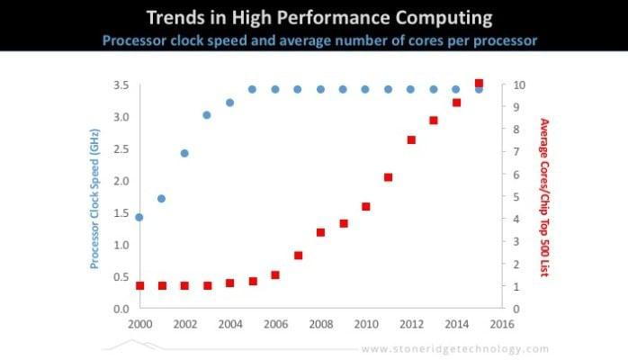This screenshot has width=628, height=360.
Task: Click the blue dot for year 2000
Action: (139, 217)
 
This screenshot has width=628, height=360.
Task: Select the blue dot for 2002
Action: (184, 153)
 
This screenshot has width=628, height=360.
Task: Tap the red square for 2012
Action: (411, 139)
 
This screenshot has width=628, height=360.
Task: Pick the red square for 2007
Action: (298, 256)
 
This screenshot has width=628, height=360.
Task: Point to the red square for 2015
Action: (479, 84)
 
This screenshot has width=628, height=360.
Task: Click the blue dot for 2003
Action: (207, 115)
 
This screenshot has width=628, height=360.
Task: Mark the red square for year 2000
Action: (139, 285)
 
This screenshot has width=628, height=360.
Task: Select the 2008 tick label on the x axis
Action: (320, 323)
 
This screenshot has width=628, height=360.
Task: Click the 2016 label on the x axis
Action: (501, 323)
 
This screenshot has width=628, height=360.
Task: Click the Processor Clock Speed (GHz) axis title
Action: (94, 197)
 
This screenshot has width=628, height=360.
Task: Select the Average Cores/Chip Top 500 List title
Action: (543, 197)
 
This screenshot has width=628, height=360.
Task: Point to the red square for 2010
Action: (366, 206)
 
